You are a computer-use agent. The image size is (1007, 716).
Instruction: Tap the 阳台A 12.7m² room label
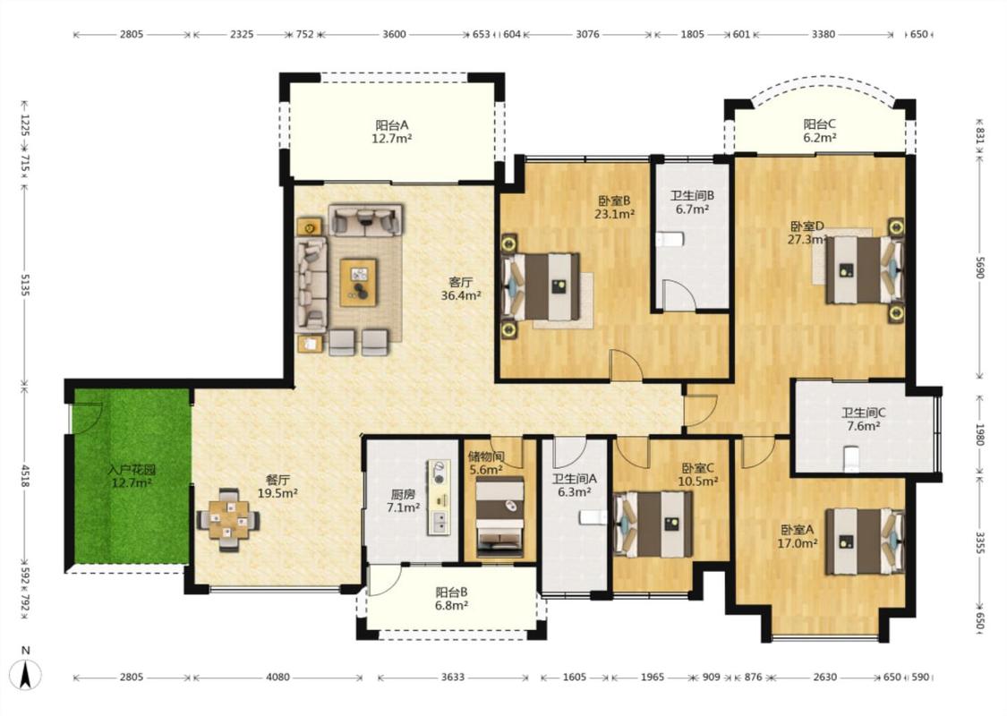(x=392, y=131)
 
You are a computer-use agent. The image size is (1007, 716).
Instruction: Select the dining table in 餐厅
(x=228, y=519)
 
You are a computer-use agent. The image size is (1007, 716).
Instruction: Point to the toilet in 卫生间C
(x=851, y=458)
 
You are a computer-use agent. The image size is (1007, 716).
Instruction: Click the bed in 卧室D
(x=865, y=269)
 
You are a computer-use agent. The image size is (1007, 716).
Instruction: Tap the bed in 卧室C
(x=653, y=524)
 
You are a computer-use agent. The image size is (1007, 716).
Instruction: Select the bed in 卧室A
(x=865, y=541)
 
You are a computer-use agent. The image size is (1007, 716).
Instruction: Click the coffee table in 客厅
(x=359, y=283)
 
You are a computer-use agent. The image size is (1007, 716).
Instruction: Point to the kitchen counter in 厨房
(x=439, y=497)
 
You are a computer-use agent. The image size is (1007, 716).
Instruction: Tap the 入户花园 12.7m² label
(x=131, y=476)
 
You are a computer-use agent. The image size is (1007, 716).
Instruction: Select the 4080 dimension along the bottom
(x=278, y=677)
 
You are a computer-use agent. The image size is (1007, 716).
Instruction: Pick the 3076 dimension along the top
(x=587, y=34)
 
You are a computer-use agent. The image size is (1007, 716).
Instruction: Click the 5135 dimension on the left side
(x=25, y=285)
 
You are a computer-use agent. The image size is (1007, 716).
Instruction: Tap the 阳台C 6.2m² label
(x=819, y=131)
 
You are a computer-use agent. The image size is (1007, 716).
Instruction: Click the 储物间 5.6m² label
(x=486, y=463)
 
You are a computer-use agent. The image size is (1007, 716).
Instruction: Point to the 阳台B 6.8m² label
(x=451, y=598)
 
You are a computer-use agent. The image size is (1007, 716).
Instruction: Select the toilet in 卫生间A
(x=593, y=517)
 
